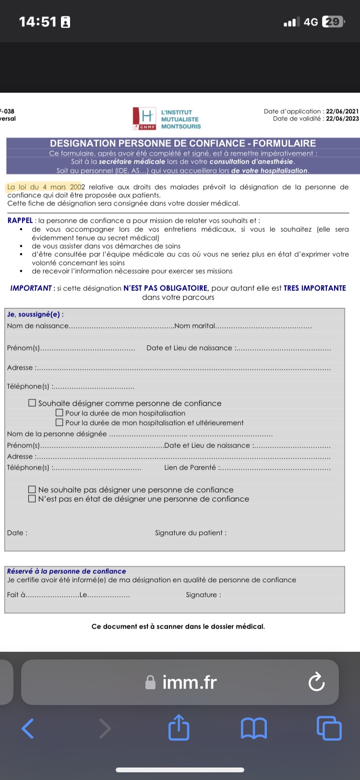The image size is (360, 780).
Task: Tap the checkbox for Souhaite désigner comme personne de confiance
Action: [x=32, y=403]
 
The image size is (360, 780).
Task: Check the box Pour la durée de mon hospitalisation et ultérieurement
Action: [x=60, y=423]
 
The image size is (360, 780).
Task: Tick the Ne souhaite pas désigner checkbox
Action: [x=32, y=489]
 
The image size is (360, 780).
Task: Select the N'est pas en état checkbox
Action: [x=32, y=499]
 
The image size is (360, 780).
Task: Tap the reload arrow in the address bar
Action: [x=316, y=682]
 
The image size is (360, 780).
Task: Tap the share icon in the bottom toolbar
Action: [x=179, y=728]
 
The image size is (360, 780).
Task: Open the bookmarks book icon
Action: [x=253, y=728]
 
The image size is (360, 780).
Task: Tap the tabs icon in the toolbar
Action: [x=329, y=728]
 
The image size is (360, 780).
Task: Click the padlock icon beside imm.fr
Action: [x=150, y=682]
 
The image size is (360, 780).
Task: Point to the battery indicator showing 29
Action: [x=333, y=22]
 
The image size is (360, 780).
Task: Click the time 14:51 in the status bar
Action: [x=37, y=22]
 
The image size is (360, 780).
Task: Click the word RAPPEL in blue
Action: [x=20, y=220]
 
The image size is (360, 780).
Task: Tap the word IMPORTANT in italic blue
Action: [x=31, y=288]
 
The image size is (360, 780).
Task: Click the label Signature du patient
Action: [x=191, y=533]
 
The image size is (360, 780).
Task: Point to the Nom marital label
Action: [x=195, y=326]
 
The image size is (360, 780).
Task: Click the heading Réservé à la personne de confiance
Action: [x=66, y=571]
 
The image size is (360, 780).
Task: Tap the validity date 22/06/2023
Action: [x=342, y=119]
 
